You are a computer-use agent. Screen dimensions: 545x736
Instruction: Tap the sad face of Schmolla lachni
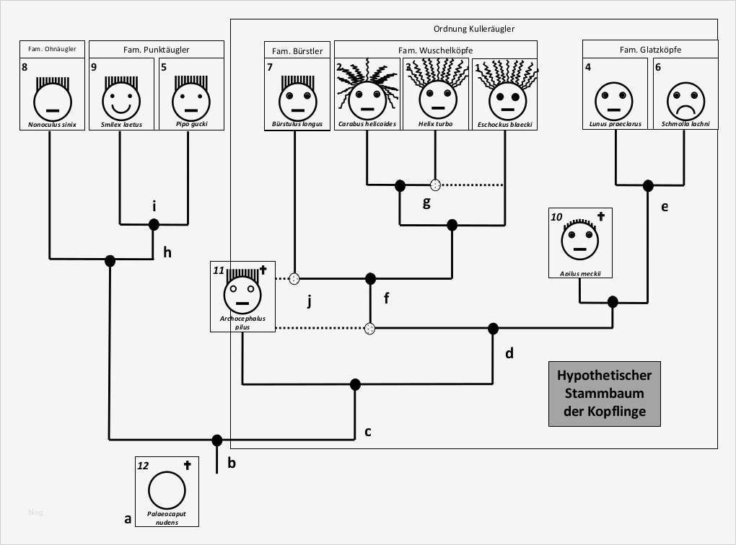[684, 100]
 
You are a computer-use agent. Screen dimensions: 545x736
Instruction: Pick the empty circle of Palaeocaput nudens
[167, 492]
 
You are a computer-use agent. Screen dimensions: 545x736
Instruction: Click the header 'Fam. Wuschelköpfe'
[435, 50]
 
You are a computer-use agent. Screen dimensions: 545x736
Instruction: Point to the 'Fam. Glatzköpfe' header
[649, 50]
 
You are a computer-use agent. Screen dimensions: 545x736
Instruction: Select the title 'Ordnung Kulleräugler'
[473, 29]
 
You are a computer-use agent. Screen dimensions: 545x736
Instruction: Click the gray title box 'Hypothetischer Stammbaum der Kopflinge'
[604, 394]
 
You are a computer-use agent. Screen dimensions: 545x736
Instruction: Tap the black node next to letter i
[154, 224]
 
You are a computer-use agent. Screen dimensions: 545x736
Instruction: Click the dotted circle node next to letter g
[435, 185]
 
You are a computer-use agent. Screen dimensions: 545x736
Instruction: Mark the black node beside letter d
[494, 329]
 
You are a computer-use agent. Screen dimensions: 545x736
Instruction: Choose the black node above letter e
[649, 185]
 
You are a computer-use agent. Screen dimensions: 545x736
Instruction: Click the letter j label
[309, 301]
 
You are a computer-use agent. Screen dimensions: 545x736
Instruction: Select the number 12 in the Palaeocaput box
[143, 466]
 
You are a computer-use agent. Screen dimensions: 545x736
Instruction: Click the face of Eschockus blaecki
[504, 100]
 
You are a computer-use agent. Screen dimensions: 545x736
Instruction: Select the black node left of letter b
[216, 440]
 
